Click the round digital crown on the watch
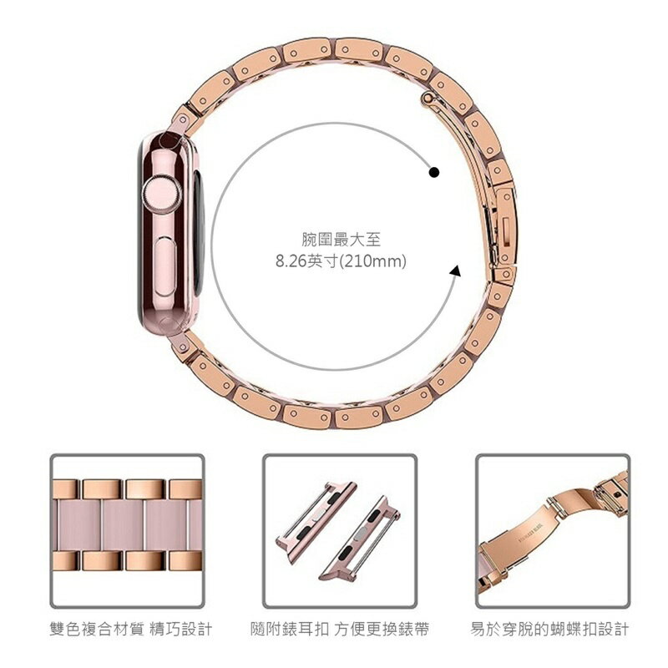click(161, 193)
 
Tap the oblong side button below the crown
click(165, 267)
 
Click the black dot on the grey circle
click(434, 173)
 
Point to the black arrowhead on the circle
click(456, 270)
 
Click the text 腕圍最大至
click(341, 240)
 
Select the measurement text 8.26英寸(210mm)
click(341, 261)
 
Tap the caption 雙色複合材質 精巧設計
click(131, 629)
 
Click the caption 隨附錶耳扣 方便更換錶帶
click(340, 629)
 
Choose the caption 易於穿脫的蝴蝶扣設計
click(549, 629)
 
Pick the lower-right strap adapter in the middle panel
click(359, 539)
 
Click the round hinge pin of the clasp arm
click(428, 99)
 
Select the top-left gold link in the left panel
click(65, 489)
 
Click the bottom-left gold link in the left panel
click(65, 560)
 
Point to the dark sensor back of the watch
click(200, 232)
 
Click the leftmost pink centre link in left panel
click(78, 525)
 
